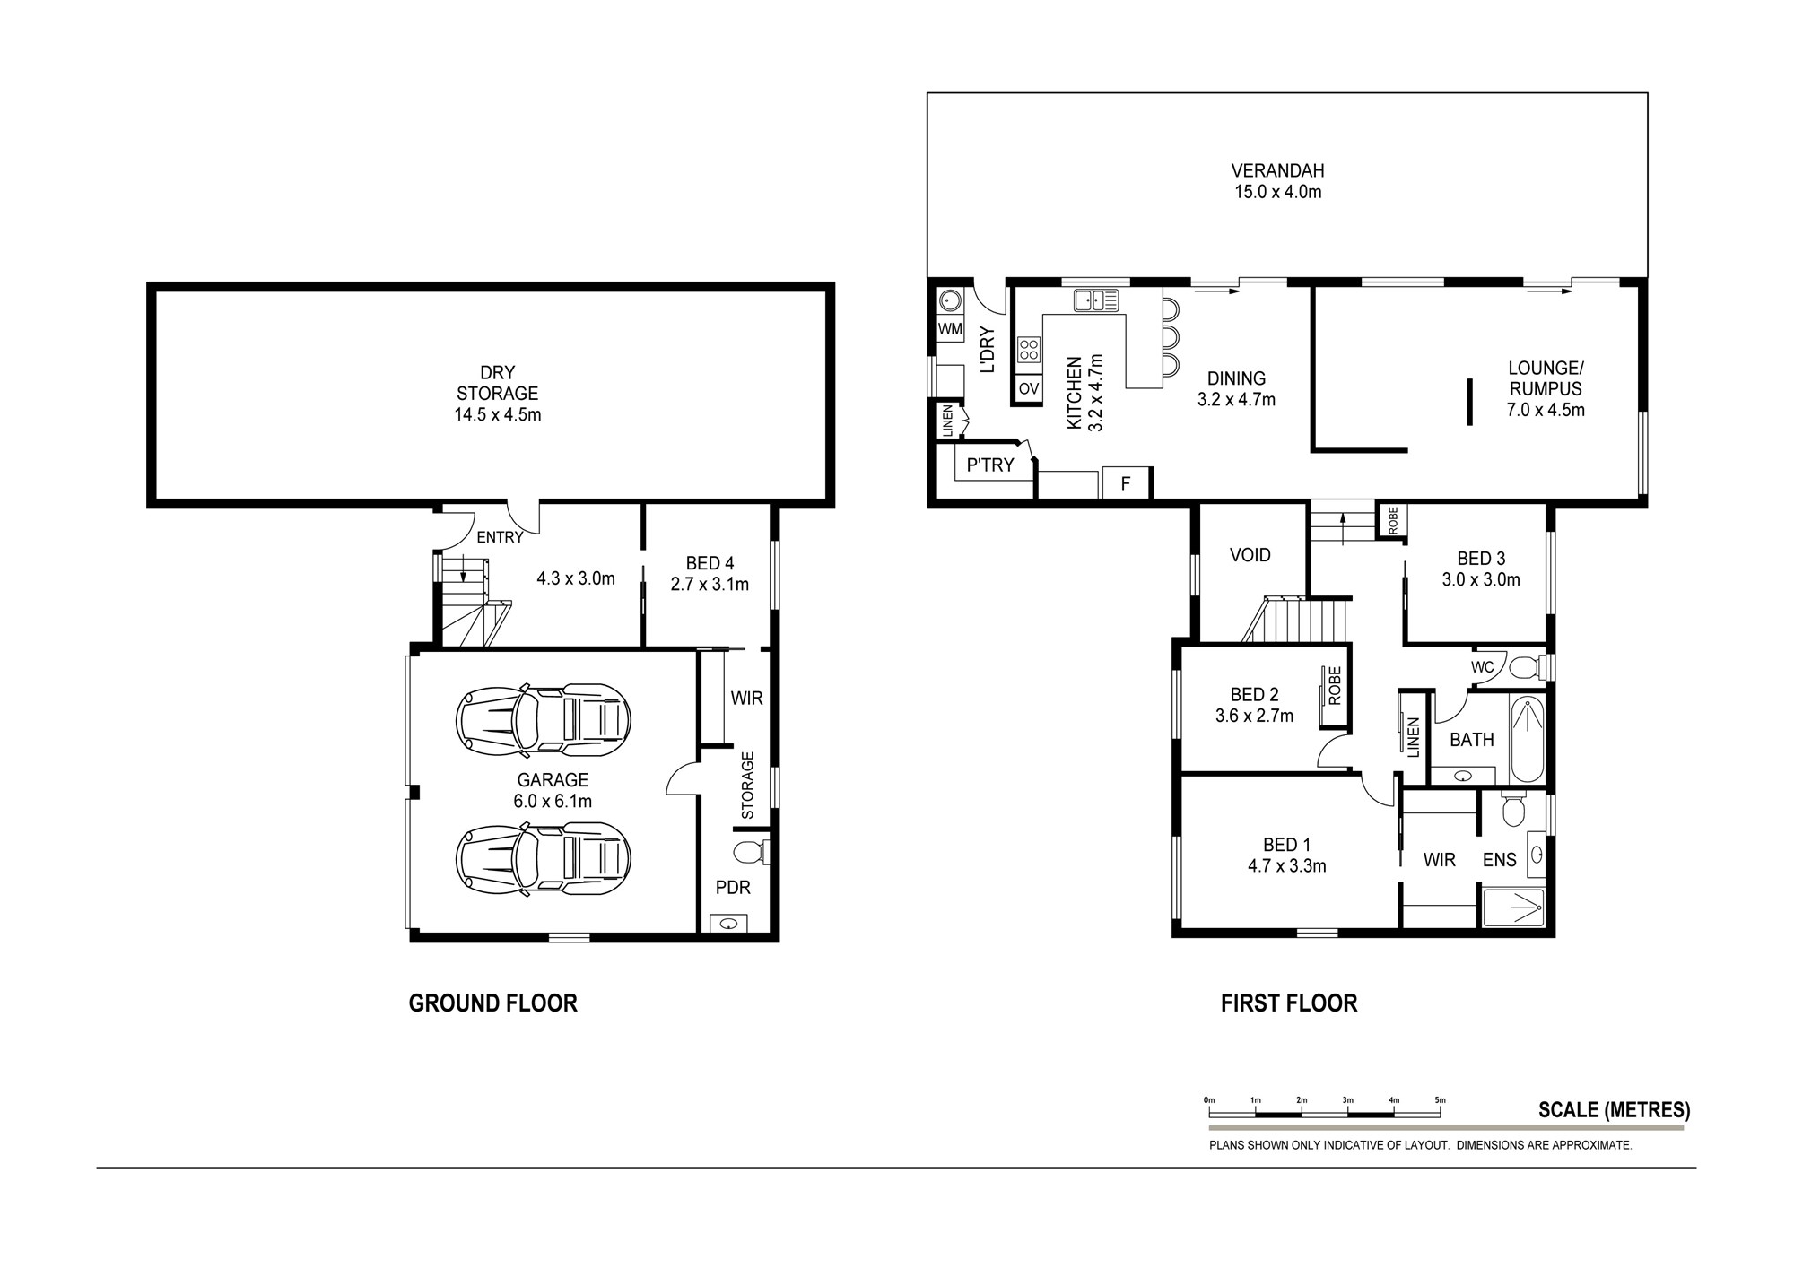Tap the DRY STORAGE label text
(x=497, y=383)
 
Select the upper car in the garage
(x=543, y=717)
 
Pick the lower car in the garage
(x=543, y=859)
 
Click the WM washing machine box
(x=950, y=329)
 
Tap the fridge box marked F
(x=1126, y=483)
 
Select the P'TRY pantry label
(x=990, y=465)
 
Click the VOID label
(x=1250, y=555)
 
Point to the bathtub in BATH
(x=1527, y=741)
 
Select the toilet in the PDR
(x=750, y=851)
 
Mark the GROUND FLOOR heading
(x=492, y=1003)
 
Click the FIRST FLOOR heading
(x=1289, y=1003)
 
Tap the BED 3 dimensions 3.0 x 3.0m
(x=1481, y=580)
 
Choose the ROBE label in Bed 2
(x=1334, y=685)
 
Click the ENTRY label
(x=500, y=537)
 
